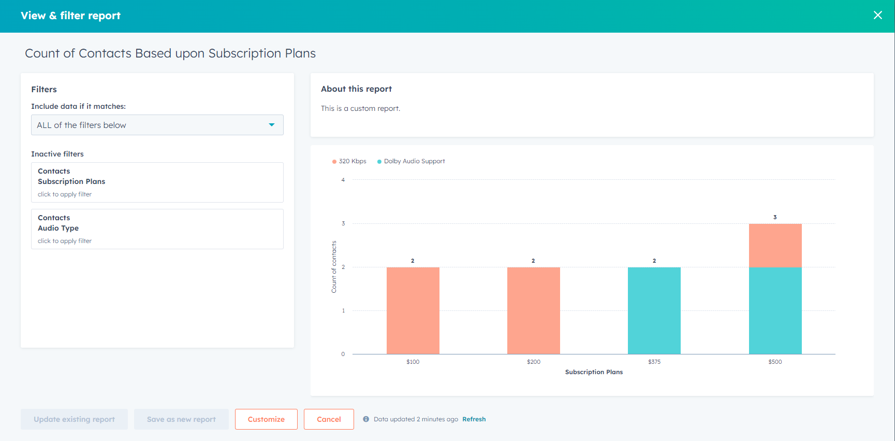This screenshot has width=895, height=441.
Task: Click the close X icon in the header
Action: tap(877, 16)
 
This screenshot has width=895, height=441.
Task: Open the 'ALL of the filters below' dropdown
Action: tap(157, 125)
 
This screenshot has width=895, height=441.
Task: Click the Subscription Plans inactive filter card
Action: tap(157, 182)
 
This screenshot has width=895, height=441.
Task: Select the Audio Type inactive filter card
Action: tap(157, 229)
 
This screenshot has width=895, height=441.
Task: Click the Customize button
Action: tap(266, 419)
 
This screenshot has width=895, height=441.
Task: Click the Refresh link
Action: tap(474, 419)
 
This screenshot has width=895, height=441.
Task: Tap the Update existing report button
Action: tap(74, 419)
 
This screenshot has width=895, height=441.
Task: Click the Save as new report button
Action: tap(181, 419)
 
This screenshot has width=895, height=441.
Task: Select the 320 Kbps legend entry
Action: tap(349, 161)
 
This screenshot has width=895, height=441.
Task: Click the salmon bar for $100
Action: tap(413, 310)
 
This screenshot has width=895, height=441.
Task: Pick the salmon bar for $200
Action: tap(533, 310)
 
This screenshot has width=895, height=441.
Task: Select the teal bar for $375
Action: tap(654, 310)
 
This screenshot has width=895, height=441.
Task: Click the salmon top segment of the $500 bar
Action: tap(775, 245)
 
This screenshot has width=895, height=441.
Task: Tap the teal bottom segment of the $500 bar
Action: tap(775, 310)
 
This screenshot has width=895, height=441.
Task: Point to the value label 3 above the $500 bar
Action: tap(775, 217)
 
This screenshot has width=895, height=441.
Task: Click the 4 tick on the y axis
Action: tap(343, 180)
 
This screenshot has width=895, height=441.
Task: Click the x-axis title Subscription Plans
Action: tap(594, 372)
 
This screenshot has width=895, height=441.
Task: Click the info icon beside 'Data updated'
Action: tap(366, 419)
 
